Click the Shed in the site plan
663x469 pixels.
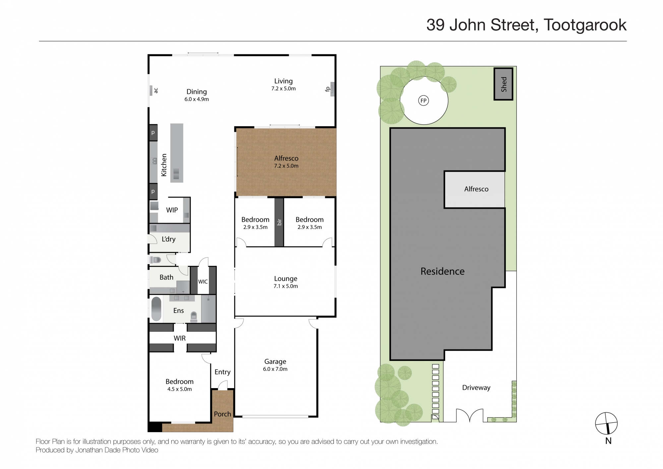[x=503, y=84]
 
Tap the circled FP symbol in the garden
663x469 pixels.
[x=423, y=100]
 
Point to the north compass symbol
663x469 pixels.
[x=606, y=423]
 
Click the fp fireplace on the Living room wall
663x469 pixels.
[x=332, y=89]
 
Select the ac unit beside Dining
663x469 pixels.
[x=151, y=90]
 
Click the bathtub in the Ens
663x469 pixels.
[x=156, y=309]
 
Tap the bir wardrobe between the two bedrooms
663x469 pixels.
[x=279, y=222]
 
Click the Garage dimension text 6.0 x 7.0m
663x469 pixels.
[x=275, y=369]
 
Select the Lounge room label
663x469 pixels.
[x=285, y=279]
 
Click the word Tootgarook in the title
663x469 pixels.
[x=585, y=25]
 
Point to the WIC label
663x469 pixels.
[x=203, y=282]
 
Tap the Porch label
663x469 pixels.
[x=222, y=414]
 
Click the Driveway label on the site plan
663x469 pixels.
[x=476, y=387]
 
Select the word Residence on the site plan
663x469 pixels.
[x=442, y=271]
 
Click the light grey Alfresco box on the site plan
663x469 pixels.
[x=474, y=190]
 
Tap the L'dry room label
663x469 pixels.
[x=168, y=239]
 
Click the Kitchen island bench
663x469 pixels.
[x=177, y=153]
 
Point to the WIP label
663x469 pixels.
[x=172, y=210]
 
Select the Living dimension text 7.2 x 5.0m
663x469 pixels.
[x=283, y=88]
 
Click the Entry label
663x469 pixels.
[x=222, y=372]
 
